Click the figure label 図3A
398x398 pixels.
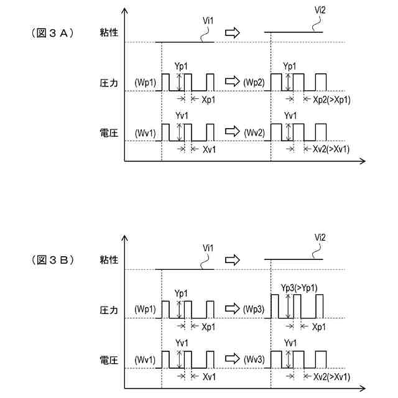coord(53,32)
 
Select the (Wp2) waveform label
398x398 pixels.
coord(254,83)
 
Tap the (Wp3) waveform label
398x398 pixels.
coord(254,309)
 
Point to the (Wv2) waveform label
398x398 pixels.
coord(254,132)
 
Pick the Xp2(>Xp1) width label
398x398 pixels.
coord(332,99)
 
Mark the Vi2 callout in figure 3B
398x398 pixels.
coord(320,237)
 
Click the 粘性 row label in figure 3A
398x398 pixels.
coord(108,33)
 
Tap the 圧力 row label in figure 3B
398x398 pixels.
coord(108,309)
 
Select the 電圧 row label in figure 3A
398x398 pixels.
coord(108,132)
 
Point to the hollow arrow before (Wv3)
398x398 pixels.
coord(231,359)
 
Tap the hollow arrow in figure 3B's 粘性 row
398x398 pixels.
coord(231,259)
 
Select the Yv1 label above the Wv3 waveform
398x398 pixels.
coord(290,343)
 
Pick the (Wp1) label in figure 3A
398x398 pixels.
coord(145,83)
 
